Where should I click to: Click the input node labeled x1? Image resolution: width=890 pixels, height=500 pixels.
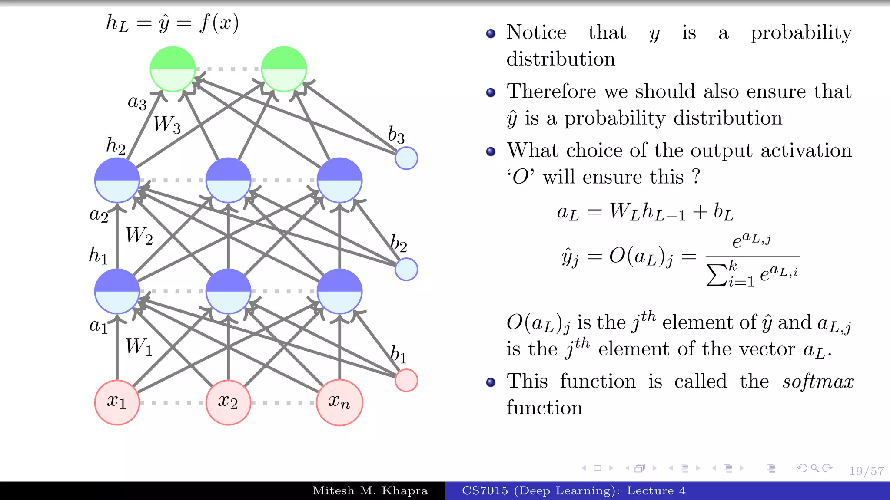[x=117, y=402]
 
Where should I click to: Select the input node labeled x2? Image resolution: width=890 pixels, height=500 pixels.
[x=228, y=402]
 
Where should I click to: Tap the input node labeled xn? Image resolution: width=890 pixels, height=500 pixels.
[x=339, y=402]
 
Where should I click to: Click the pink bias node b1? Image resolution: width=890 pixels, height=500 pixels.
[x=406, y=380]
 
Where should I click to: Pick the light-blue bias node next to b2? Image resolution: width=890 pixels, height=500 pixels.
[x=406, y=269]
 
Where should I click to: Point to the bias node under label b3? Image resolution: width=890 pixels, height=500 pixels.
[x=406, y=158]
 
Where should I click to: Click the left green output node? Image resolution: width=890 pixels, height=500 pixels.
[x=173, y=69]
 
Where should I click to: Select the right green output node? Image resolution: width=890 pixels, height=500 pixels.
[x=284, y=69]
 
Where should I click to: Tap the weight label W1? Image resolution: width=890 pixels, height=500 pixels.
[x=139, y=347]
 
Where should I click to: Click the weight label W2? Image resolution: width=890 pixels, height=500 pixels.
[x=139, y=236]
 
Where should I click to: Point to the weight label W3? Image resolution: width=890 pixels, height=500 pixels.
[x=167, y=125]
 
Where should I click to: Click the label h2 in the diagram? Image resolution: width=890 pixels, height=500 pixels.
[x=116, y=146]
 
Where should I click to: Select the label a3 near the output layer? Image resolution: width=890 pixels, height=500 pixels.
[x=137, y=102]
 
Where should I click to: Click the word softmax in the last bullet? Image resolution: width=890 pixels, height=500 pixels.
[x=818, y=382]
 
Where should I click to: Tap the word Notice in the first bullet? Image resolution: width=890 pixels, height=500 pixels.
[x=536, y=33]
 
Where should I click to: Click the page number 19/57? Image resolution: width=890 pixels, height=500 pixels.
[x=867, y=471]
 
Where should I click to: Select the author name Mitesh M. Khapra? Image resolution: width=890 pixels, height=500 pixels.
[x=370, y=491]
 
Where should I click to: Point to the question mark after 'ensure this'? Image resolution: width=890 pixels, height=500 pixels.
[x=696, y=177]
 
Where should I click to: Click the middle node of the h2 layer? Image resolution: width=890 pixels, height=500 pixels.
[x=228, y=180]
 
